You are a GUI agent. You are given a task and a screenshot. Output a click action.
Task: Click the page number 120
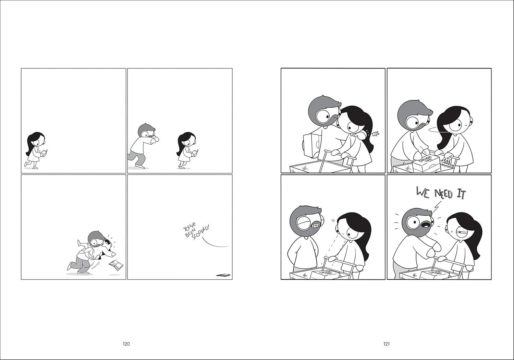click(126, 344)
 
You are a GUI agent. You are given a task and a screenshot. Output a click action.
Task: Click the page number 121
click(386, 344)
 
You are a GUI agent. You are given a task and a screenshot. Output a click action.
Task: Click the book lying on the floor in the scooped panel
click(224, 275)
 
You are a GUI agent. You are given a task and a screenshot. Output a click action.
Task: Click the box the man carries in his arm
click(311, 145)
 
